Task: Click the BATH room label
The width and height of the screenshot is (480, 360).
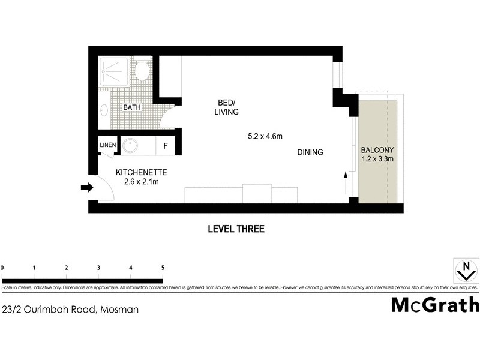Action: pyautogui.click(x=132, y=107)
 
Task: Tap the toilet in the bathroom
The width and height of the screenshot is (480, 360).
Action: pyautogui.click(x=142, y=71)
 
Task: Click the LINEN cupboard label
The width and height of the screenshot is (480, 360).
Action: pyautogui.click(x=107, y=145)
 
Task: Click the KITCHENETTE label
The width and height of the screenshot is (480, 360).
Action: pyautogui.click(x=141, y=172)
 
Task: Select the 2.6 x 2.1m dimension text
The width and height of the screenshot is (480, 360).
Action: pyautogui.click(x=141, y=182)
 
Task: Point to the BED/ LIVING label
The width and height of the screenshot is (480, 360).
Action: pyautogui.click(x=226, y=107)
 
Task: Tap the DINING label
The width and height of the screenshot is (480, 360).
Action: pyautogui.click(x=310, y=152)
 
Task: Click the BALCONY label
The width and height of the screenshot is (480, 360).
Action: pyautogui.click(x=377, y=150)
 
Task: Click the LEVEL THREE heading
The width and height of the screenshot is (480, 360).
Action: pyautogui.click(x=236, y=229)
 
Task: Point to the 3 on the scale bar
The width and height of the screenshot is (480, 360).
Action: pyautogui.click(x=98, y=268)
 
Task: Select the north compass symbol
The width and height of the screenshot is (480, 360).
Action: pyautogui.click(x=463, y=271)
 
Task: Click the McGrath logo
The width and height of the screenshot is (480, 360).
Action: pyautogui.click(x=435, y=305)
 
